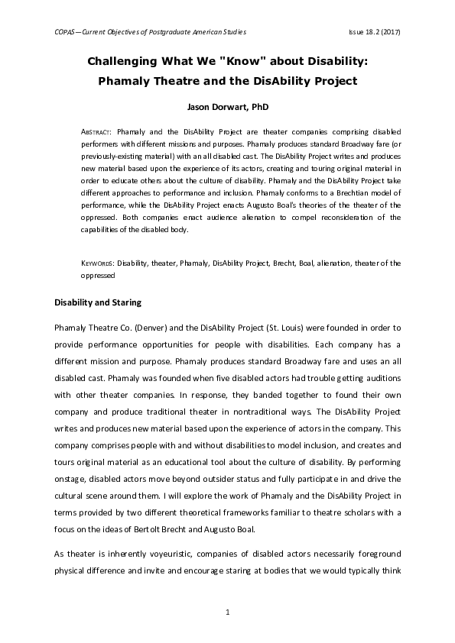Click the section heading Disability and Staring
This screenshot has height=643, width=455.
[98, 302]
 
